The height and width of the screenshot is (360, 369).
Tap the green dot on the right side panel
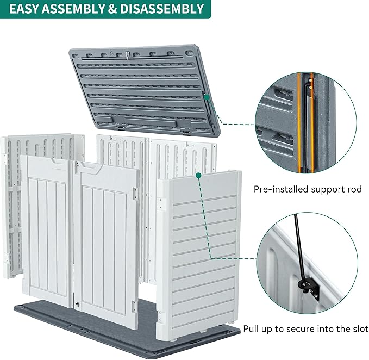(x=199, y=176)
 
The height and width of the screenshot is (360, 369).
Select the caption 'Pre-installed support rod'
(x=308, y=190)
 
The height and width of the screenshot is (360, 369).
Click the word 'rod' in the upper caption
(x=354, y=190)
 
